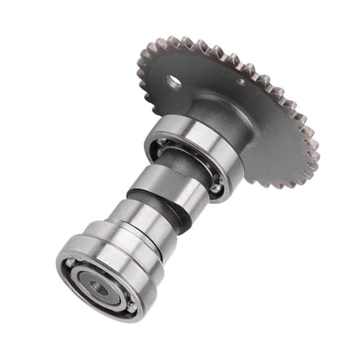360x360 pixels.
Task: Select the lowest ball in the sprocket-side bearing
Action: pyautogui.click(x=216, y=189)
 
